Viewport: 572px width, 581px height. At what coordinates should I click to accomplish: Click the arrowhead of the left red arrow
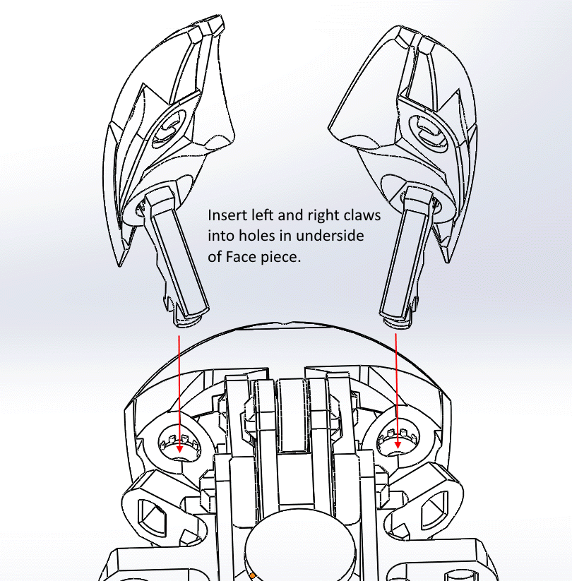click(179, 449)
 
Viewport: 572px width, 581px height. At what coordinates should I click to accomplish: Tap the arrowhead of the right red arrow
click(398, 445)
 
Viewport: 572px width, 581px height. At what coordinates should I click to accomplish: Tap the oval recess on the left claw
click(169, 128)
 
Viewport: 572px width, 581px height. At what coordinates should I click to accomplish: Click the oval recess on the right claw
click(427, 131)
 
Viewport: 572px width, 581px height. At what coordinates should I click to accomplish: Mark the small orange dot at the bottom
click(252, 576)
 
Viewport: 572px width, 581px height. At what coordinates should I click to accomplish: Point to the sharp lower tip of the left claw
click(119, 265)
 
